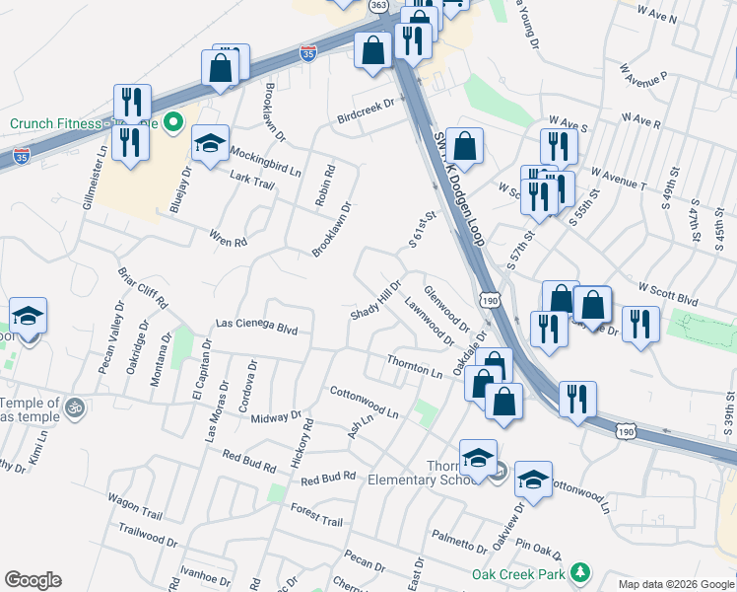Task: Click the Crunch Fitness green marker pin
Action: pos(174,123)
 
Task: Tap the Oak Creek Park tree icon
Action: pos(580,573)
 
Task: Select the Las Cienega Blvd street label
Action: pos(256,325)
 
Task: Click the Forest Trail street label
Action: pos(316,514)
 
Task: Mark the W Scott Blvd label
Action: pos(667,294)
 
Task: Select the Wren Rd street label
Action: pos(228,237)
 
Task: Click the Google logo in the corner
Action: pos(33,580)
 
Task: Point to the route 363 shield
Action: pos(379,6)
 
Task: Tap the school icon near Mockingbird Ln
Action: pos(210,144)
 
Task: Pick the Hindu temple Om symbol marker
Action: pos(74,406)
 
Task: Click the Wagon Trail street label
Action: pos(135,507)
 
